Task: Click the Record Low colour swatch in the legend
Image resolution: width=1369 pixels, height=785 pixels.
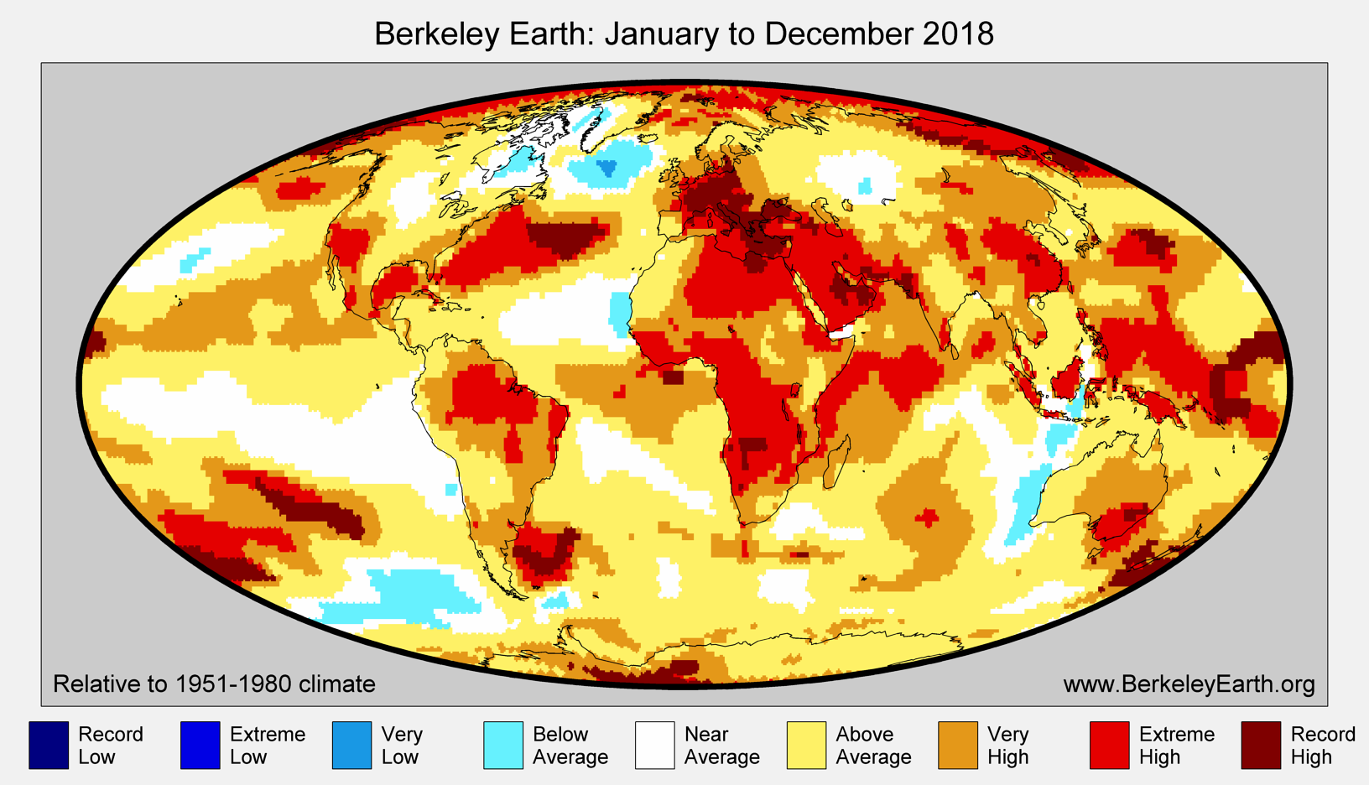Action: [49, 745]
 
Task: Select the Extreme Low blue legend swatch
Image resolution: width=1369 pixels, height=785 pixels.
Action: [200, 745]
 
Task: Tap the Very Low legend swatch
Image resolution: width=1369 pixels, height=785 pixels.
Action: [351, 745]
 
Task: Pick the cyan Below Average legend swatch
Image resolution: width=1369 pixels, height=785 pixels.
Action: [503, 745]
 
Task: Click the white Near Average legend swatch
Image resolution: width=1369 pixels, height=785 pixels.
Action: [654, 745]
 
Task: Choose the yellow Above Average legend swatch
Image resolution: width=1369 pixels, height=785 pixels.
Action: [806, 745]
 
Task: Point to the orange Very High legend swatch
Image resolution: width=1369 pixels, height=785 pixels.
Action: [958, 745]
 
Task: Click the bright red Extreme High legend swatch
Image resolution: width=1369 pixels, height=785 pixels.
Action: [1109, 745]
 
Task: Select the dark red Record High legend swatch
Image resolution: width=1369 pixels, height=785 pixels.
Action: [1261, 745]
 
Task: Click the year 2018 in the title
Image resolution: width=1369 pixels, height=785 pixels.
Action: [957, 34]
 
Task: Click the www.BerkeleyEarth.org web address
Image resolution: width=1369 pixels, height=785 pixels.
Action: [1189, 684]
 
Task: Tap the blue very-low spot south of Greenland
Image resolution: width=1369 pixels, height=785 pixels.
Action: [606, 170]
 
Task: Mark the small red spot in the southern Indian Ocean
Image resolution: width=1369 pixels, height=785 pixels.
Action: [928, 517]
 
